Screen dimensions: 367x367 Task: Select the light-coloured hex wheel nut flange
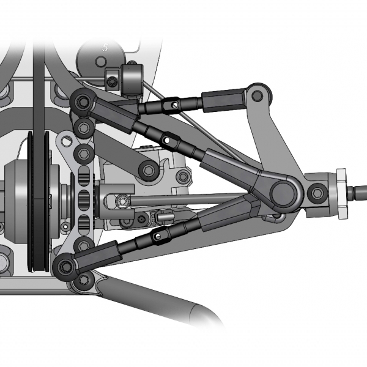(x=341, y=193)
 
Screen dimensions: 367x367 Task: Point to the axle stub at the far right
(x=358, y=193)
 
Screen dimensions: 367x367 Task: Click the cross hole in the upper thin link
(x=176, y=106)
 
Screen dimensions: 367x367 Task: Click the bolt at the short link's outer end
(x=147, y=169)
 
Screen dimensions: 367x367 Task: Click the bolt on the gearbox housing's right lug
(x=182, y=177)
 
